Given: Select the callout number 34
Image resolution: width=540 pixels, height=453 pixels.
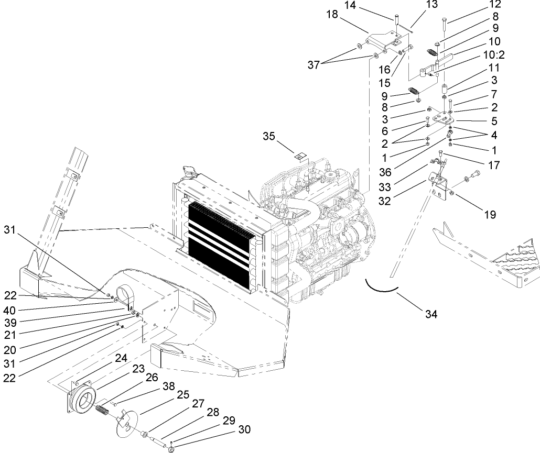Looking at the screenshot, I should [x=430, y=314].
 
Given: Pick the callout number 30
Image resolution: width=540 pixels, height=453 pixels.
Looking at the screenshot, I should [x=244, y=430].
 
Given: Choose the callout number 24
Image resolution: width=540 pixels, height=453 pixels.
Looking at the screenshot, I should [x=121, y=358].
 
